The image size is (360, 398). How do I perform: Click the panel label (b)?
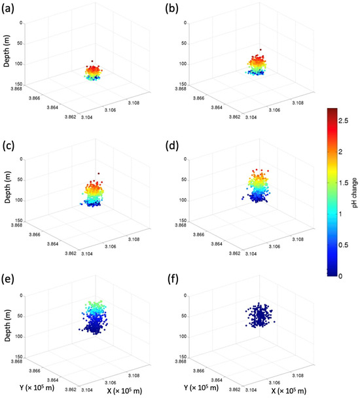tap(171, 9)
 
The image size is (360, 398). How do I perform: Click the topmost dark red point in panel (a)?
tap(92, 61)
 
